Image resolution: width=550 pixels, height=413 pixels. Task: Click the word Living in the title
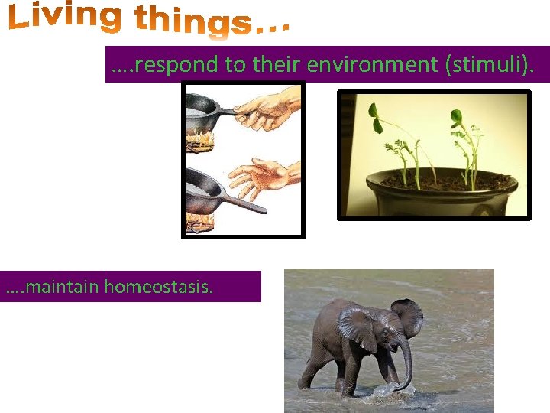click(64, 18)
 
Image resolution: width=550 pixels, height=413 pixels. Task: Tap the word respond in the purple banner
click(176, 65)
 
